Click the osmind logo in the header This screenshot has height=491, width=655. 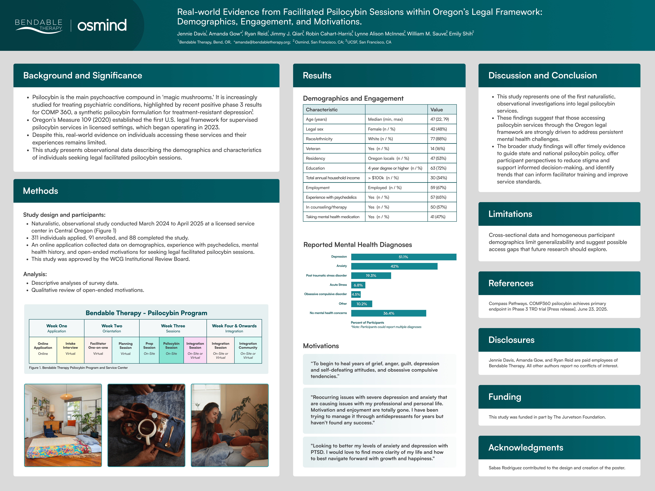(x=102, y=25)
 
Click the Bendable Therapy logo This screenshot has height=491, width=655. (x=39, y=26)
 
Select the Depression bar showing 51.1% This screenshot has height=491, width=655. (x=403, y=257)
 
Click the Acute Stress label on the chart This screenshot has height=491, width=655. (x=338, y=285)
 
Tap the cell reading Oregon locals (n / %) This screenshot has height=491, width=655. (x=388, y=158)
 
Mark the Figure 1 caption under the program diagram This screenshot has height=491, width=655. (x=79, y=368)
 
